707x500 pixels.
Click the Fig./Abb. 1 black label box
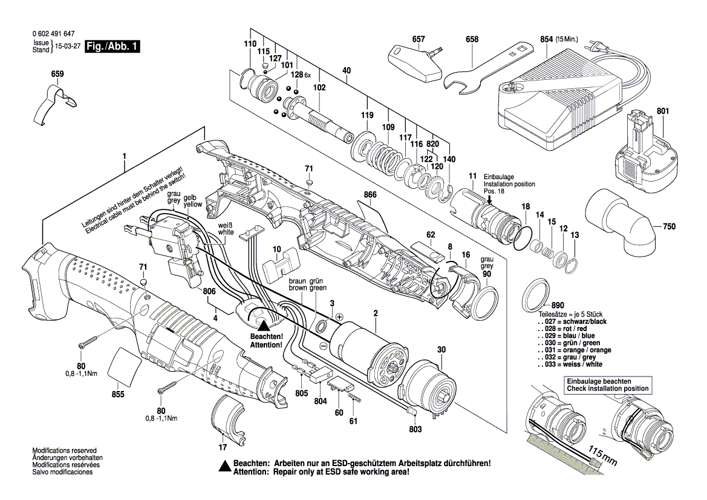pos(112,47)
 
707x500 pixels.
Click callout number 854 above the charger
pos(546,39)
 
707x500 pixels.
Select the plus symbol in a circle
pos(339,317)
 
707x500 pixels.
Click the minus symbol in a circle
pos(323,345)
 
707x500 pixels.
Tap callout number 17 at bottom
pos(222,448)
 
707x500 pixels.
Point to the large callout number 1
pos(124,156)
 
